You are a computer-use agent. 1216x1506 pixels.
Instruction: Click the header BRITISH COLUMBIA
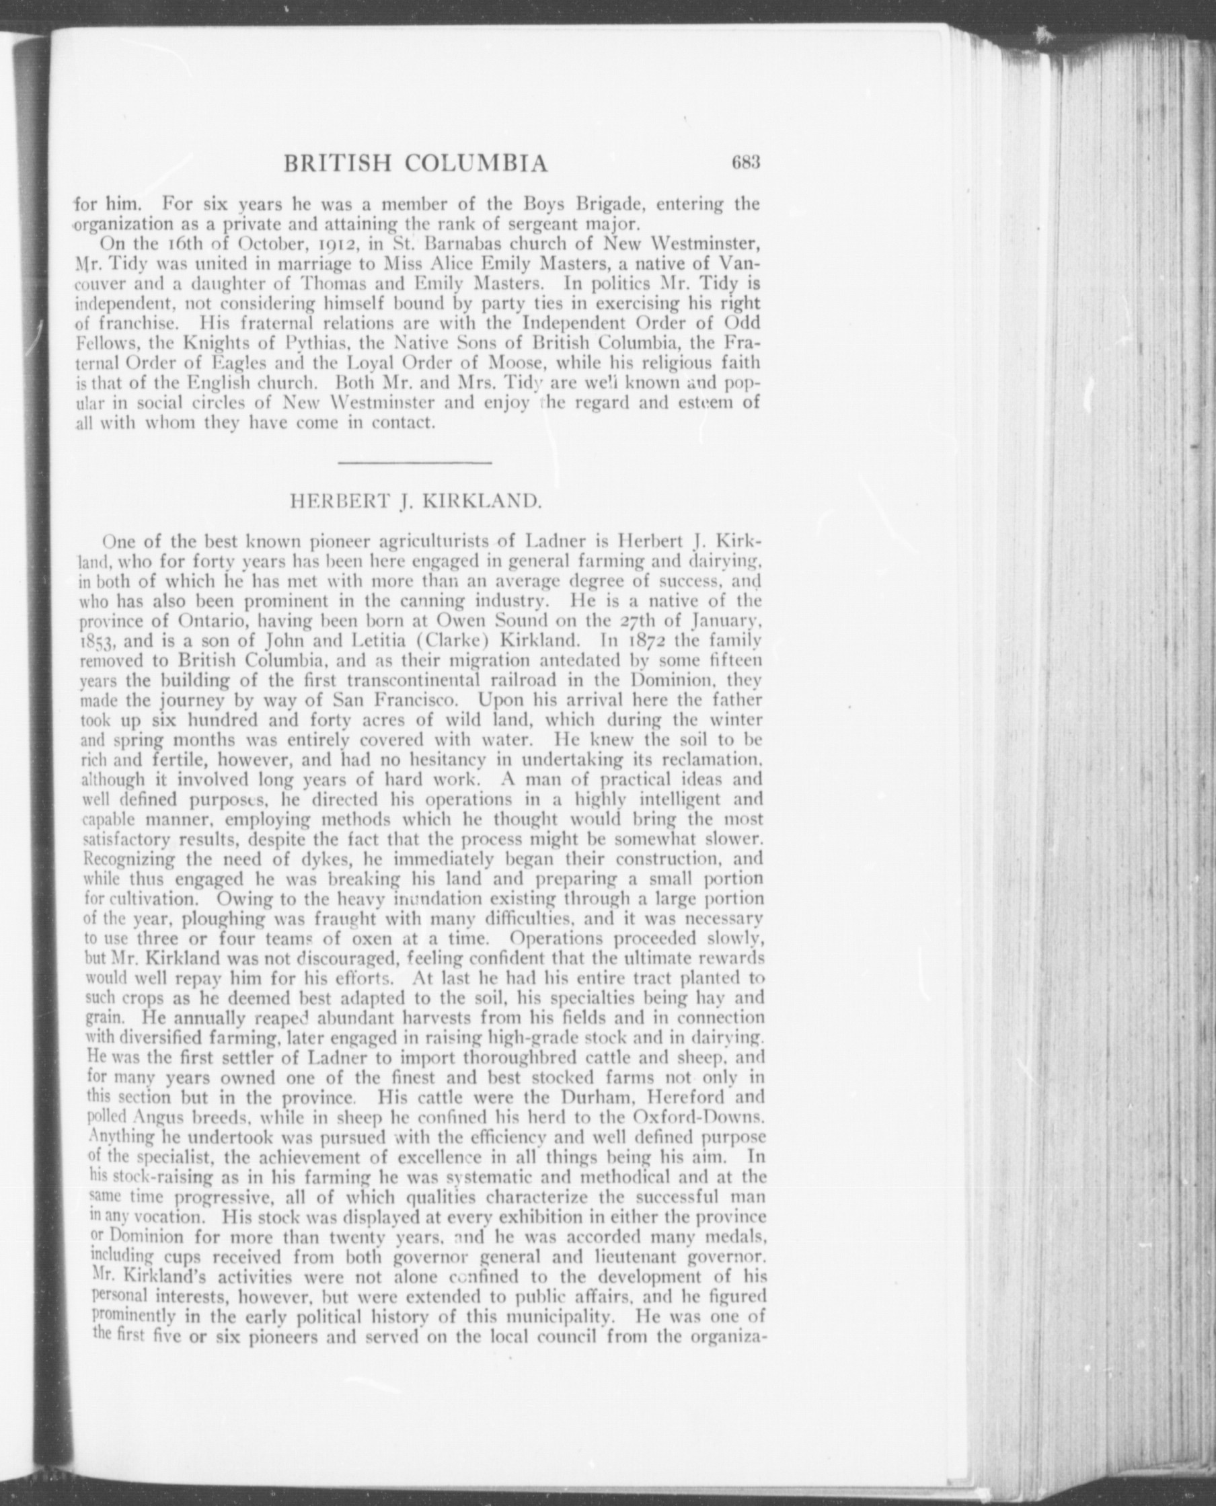coord(416,164)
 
